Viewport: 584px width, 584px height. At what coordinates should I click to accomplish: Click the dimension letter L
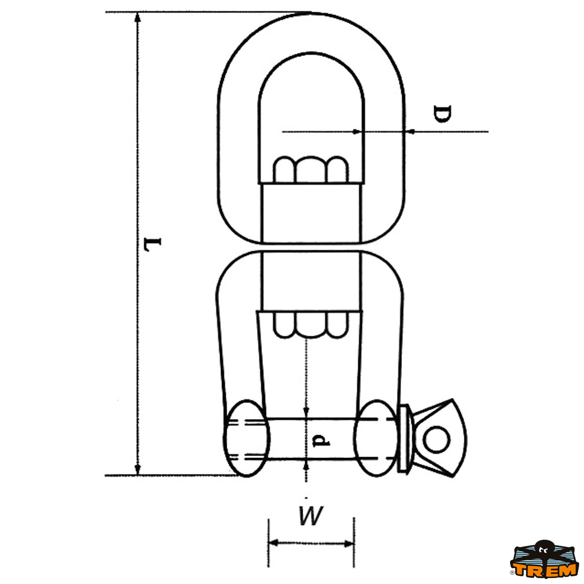click(x=152, y=244)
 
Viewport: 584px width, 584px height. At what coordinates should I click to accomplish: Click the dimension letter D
click(x=442, y=114)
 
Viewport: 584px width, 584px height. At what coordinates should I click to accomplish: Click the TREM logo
click(x=544, y=559)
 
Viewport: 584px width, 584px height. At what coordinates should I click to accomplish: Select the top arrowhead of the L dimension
click(x=138, y=18)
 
